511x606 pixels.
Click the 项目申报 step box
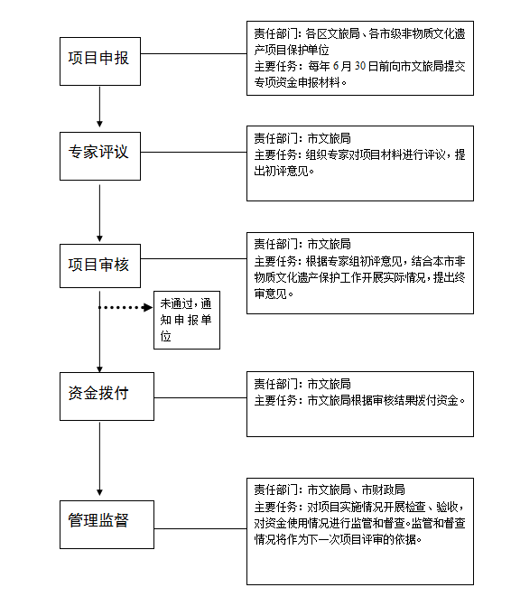click(99, 60)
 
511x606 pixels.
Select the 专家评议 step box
click(99, 153)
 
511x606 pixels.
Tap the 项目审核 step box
click(99, 266)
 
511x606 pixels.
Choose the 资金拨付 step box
click(99, 395)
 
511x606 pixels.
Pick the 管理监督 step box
click(99, 521)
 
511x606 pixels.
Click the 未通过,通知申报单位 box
click(186, 320)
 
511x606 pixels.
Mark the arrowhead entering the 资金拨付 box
click(99, 366)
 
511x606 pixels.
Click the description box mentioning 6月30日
click(359, 59)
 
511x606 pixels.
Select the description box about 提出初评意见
click(359, 163)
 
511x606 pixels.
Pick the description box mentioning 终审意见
click(359, 274)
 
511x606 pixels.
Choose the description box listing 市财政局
click(359, 531)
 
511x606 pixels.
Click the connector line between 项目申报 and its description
click(193, 54)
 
